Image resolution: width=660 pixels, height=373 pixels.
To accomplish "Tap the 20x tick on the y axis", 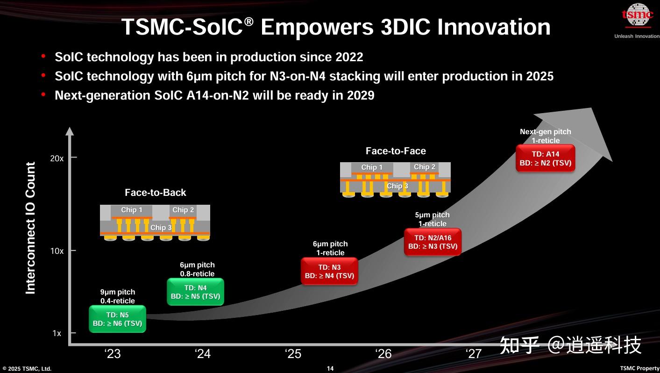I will [57, 158].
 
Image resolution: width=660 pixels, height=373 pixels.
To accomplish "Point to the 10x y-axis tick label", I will [57, 251].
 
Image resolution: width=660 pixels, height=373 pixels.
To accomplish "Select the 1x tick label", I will [57, 333].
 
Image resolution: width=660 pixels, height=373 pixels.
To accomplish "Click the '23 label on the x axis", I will [113, 354].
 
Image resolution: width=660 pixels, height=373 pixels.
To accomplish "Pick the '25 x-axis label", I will [293, 354].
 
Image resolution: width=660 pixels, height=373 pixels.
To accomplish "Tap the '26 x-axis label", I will [384, 354].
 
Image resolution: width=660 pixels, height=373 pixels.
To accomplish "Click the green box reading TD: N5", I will [117, 319].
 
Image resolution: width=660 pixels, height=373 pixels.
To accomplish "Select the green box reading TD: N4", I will [195, 292].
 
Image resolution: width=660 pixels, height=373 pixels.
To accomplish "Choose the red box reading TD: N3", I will [329, 272].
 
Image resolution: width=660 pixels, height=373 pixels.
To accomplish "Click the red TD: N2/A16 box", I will [433, 242].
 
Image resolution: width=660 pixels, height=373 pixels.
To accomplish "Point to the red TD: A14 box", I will [545, 158].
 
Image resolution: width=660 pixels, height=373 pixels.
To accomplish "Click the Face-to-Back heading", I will [155, 193].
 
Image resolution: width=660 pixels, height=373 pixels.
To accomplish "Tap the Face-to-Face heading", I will [396, 151].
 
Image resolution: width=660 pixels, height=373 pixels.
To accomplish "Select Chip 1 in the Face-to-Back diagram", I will [131, 210].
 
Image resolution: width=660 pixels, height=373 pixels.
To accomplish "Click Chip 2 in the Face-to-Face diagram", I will [424, 167].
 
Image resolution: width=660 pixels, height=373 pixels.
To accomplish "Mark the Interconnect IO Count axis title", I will [31, 228].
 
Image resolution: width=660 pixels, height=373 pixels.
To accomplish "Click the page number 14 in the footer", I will [330, 369].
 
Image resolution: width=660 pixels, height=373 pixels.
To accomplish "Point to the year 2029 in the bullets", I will [360, 95].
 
